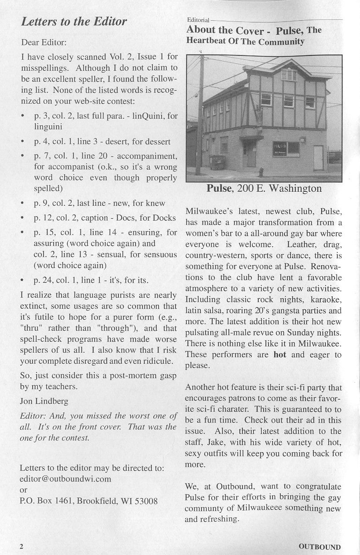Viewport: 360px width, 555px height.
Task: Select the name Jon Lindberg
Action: coord(44,401)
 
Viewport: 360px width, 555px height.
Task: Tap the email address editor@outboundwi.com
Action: coord(66,478)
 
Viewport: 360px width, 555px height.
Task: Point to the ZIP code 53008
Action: coord(146,501)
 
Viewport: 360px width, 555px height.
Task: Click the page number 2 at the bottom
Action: coord(21,546)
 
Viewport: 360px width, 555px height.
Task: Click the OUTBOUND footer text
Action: coord(320,547)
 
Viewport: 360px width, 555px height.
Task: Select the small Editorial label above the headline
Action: coord(198,20)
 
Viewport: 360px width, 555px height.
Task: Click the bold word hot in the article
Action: coord(279,355)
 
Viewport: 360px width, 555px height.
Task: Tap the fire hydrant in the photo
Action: coord(261,171)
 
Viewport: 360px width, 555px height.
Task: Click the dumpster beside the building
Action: coord(217,162)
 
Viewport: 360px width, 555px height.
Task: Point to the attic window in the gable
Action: coord(288,75)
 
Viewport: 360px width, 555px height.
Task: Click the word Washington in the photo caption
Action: coord(295,189)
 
